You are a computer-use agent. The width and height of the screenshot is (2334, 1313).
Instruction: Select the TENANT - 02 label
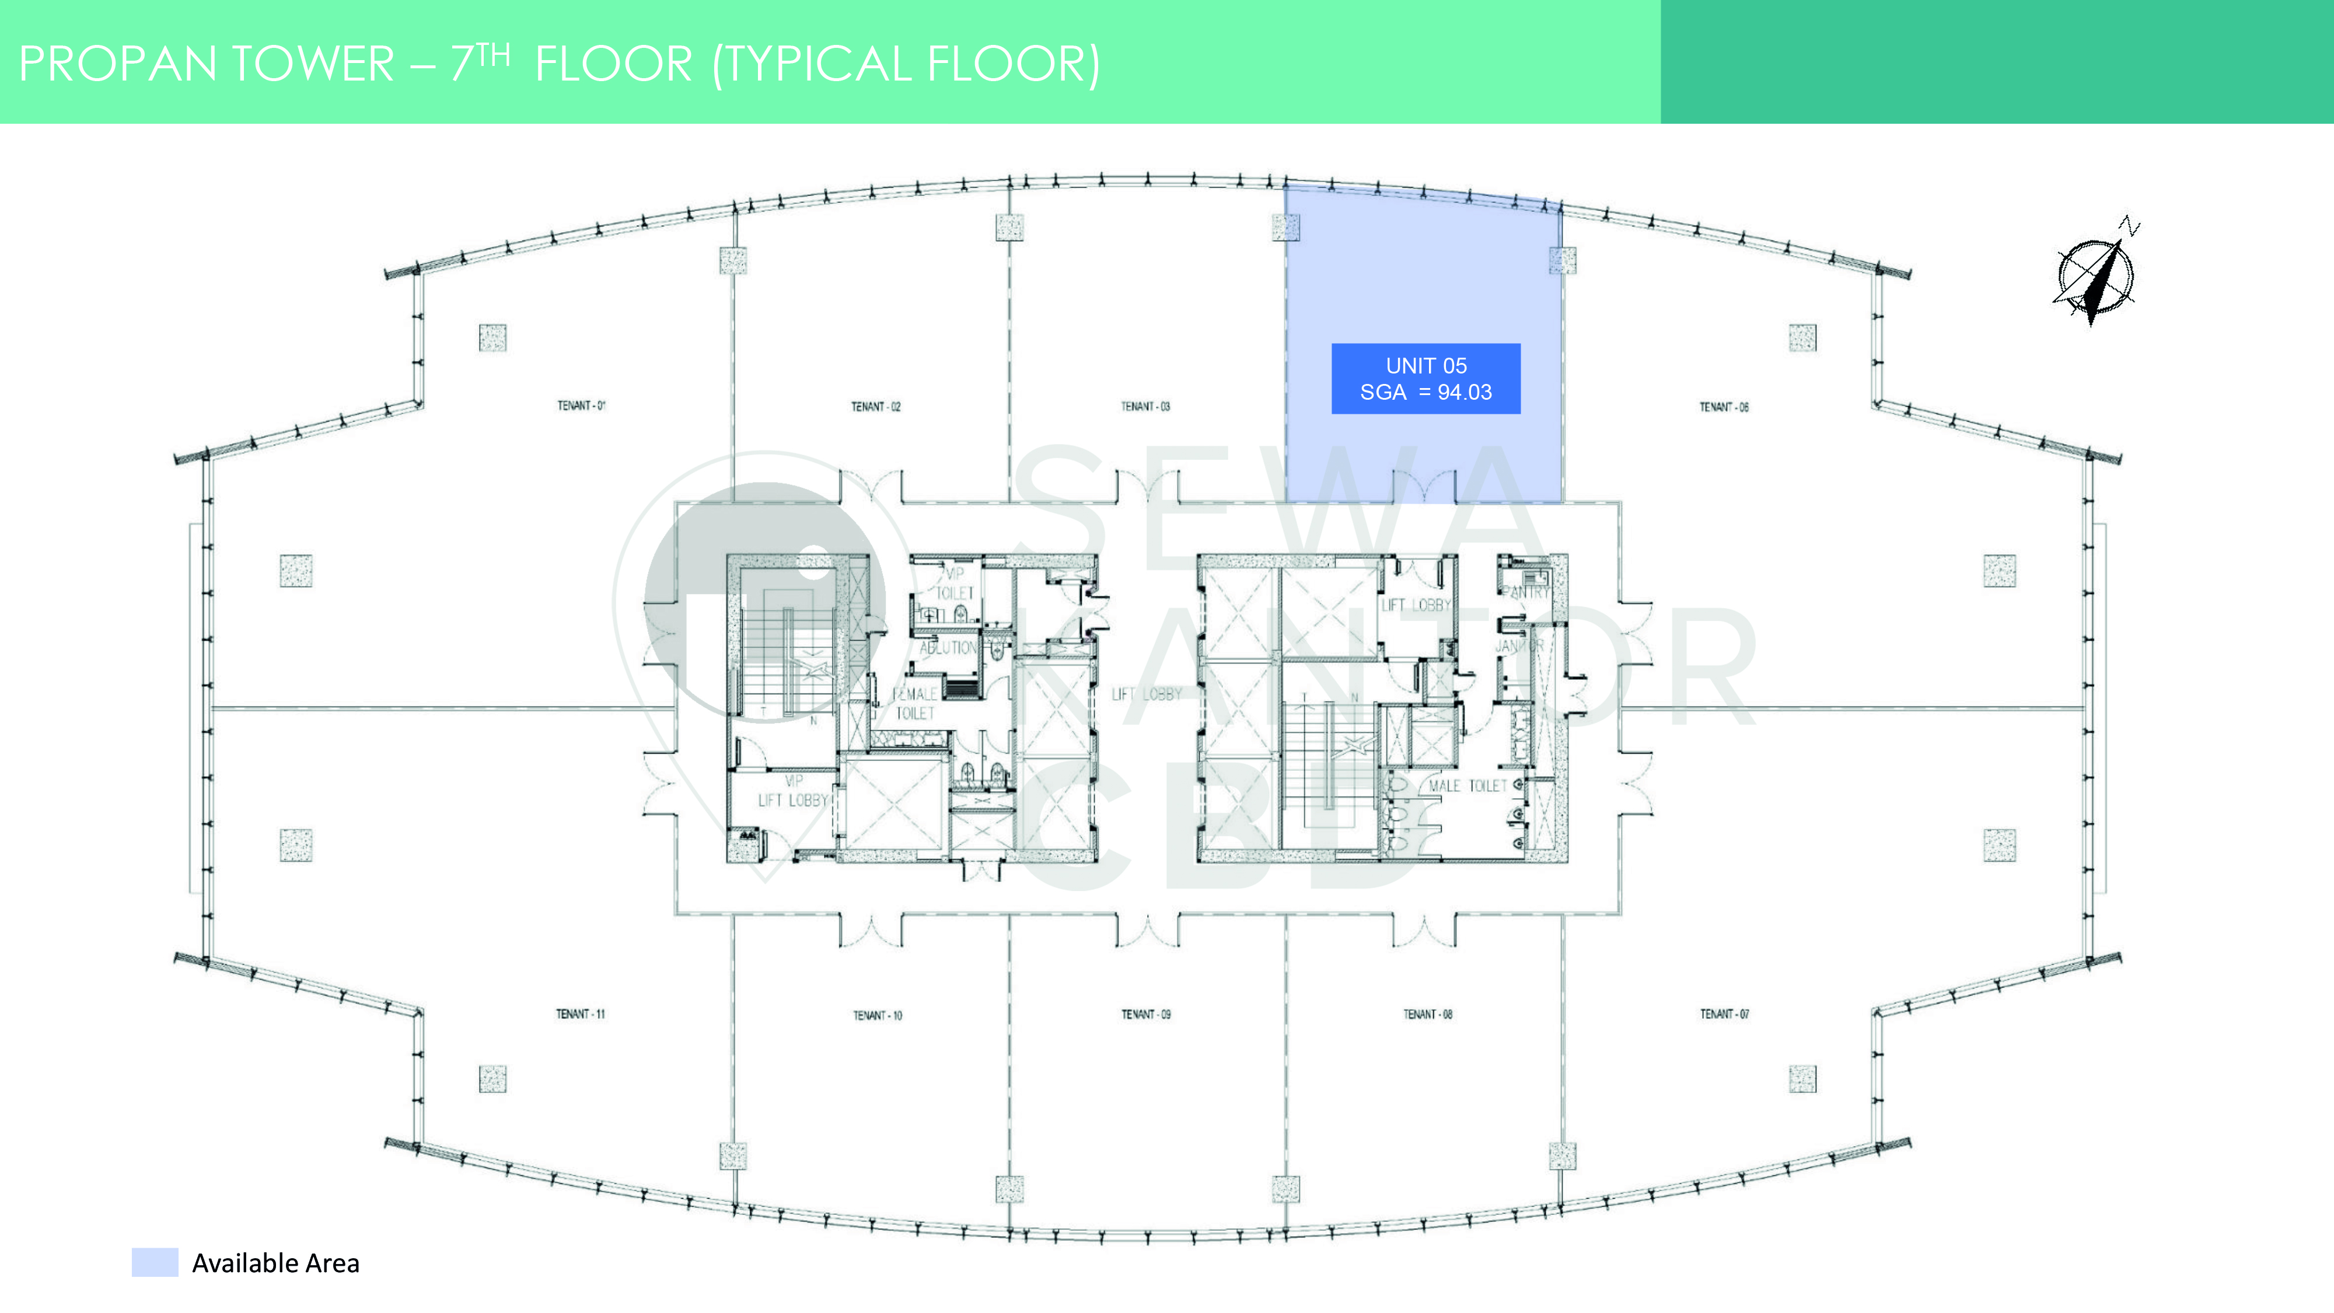pyautogui.click(x=875, y=407)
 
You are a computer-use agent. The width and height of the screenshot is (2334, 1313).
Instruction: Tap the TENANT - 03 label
pyautogui.click(x=1145, y=407)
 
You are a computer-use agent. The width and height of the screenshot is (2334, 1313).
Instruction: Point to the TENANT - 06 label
pyautogui.click(x=1723, y=407)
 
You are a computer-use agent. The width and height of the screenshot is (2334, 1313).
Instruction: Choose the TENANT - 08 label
pyautogui.click(x=1428, y=1014)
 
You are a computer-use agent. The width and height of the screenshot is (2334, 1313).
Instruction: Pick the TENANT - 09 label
pyautogui.click(x=1146, y=1014)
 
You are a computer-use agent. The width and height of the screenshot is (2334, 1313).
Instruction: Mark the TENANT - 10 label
pyautogui.click(x=877, y=1015)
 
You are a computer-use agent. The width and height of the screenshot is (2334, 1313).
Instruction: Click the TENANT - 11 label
pyautogui.click(x=581, y=1014)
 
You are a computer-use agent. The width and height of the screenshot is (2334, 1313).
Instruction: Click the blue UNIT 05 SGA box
pyautogui.click(x=1425, y=379)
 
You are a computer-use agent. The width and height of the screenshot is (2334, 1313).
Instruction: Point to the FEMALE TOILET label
pyautogui.click(x=914, y=703)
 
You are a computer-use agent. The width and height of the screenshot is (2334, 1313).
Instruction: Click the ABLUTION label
pyautogui.click(x=948, y=647)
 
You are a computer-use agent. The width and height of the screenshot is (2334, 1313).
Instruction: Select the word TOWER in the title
pyautogui.click(x=313, y=64)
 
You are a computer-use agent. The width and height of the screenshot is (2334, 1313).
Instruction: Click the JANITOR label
pyautogui.click(x=1518, y=645)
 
